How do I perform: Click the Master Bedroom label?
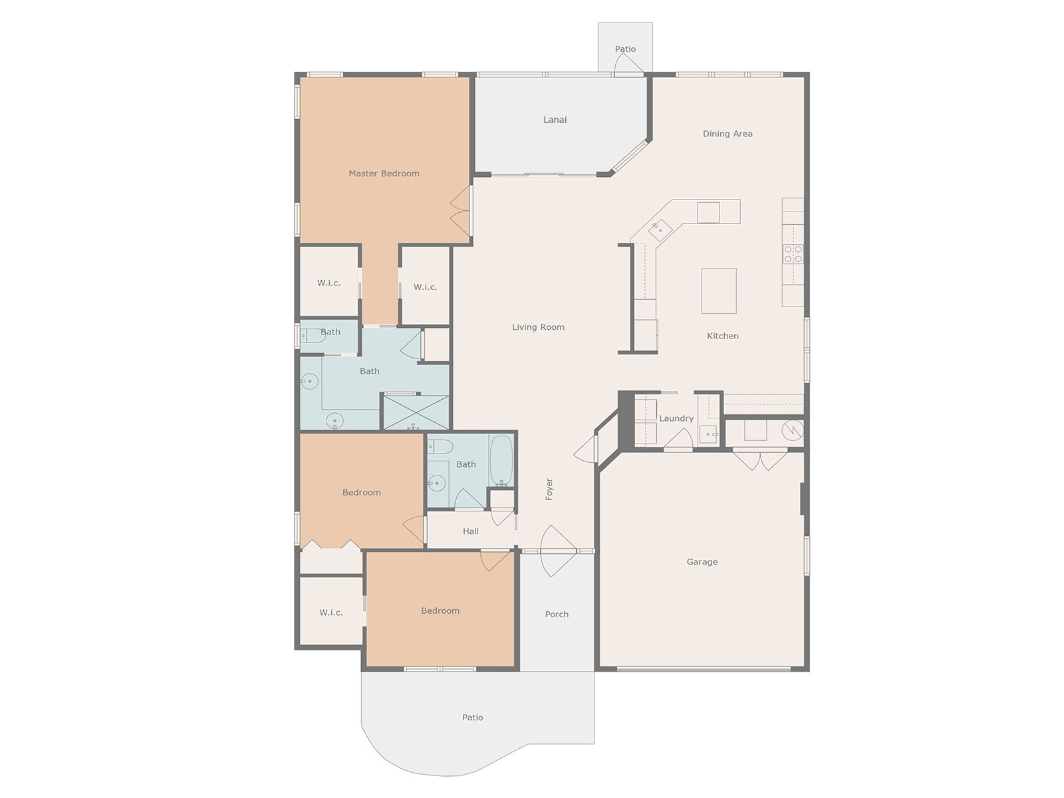(384, 174)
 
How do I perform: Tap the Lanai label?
(555, 120)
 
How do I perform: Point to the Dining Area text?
(728, 134)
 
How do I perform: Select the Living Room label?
(538, 327)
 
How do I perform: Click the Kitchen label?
(723, 336)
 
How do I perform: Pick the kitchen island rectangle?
(719, 291)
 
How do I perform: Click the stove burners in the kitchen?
(793, 254)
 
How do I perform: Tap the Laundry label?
(676, 418)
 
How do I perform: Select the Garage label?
(702, 562)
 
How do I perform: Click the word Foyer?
(549, 489)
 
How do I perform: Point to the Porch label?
(557, 614)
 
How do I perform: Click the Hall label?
(470, 531)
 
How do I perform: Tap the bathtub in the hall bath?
(501, 460)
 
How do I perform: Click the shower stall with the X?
(416, 412)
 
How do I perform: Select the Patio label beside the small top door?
(625, 49)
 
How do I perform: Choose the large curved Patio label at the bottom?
(473, 718)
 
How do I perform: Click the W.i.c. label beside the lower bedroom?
(331, 613)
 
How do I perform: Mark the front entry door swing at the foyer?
(558, 551)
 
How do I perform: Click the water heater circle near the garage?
(793, 430)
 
